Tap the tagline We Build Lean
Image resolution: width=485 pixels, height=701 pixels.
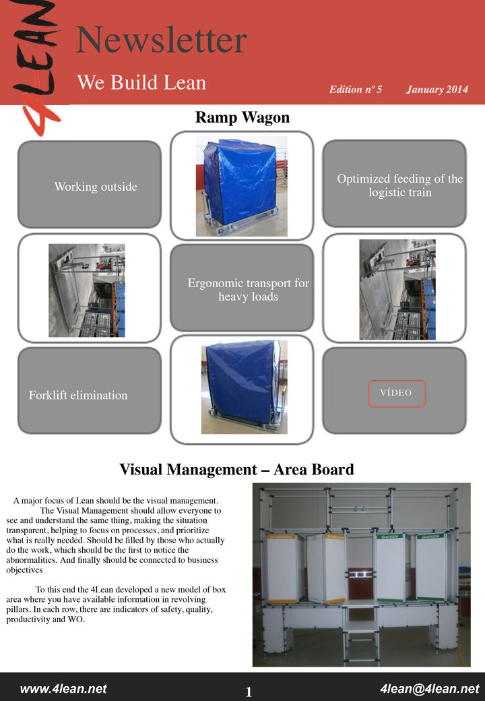(141, 83)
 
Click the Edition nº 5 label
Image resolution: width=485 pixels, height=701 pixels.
(355, 90)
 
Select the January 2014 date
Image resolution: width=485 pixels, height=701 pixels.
(437, 90)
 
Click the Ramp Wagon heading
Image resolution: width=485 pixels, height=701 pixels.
(243, 118)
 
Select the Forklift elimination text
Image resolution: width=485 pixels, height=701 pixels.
(78, 395)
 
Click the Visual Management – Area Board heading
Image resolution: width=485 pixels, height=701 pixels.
(236, 469)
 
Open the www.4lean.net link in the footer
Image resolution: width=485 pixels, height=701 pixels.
(63, 689)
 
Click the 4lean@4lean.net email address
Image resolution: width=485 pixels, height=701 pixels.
(430, 689)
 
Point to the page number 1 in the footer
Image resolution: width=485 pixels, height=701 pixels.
(249, 692)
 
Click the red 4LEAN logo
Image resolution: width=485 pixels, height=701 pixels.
(42, 64)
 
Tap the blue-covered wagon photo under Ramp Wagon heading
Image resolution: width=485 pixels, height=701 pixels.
(242, 186)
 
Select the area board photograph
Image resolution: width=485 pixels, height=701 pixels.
(361, 574)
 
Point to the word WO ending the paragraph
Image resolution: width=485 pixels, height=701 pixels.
(76, 619)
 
